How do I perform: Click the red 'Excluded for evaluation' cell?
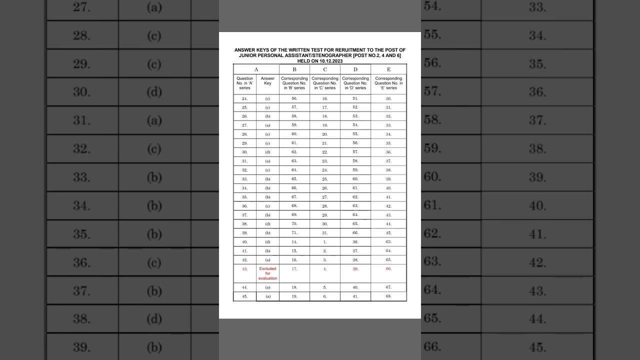(267, 273)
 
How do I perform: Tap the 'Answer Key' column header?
(267, 81)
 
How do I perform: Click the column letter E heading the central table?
(388, 69)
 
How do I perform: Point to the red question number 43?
(244, 269)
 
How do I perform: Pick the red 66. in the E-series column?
(388, 269)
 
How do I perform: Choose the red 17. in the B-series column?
(294, 269)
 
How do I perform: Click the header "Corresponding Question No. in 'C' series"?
(325, 83)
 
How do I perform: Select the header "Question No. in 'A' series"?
(244, 83)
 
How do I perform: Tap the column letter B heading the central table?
(294, 69)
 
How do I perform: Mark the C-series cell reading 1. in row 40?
(325, 242)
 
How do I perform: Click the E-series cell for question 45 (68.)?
(388, 296)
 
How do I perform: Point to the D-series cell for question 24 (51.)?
(355, 99)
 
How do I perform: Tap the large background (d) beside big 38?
(154, 318)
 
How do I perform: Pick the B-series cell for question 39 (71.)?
(294, 233)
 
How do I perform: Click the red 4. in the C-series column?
(325, 269)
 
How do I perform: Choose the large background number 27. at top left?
(81, 7)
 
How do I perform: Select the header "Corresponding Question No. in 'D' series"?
(355, 83)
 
